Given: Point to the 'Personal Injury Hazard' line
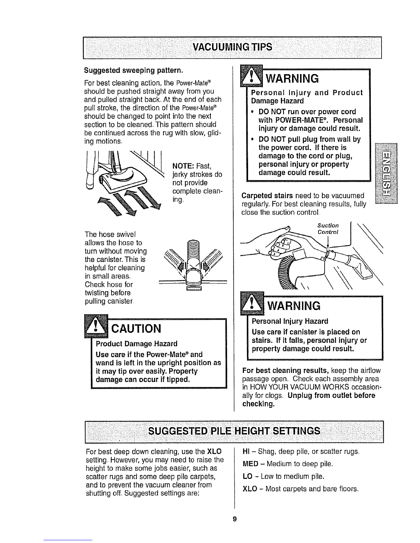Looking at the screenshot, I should click(x=290, y=321).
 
